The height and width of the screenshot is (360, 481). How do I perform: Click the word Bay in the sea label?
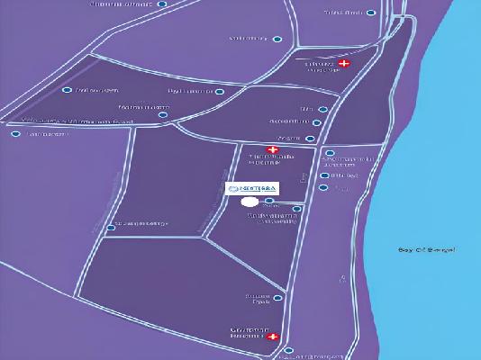click(x=404, y=249)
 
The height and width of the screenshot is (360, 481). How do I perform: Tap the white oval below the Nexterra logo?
click(x=250, y=202)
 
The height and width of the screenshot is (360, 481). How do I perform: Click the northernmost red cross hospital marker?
click(x=342, y=64)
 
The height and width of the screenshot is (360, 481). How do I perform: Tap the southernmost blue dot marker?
click(x=288, y=349)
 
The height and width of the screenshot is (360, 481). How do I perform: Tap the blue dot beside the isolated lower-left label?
click(x=111, y=228)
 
